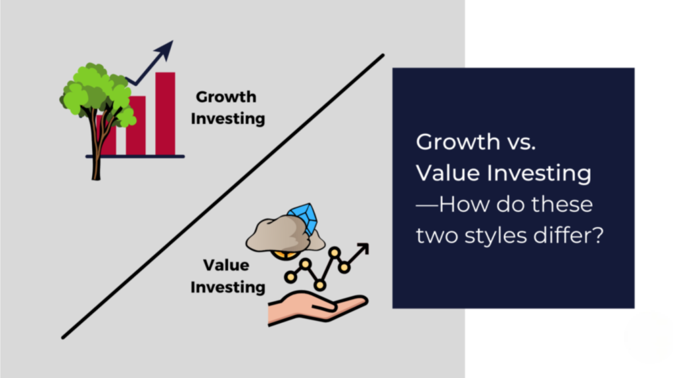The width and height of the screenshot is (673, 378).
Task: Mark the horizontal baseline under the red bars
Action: click(x=135, y=156)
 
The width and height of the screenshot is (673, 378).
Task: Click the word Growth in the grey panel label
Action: click(x=225, y=97)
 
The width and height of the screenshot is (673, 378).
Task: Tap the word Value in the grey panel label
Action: click(x=225, y=265)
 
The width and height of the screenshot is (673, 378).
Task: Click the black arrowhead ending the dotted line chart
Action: click(x=362, y=249)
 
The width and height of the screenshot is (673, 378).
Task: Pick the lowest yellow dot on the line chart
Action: click(x=319, y=285)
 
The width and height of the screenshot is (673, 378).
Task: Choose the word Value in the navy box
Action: click(x=450, y=173)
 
